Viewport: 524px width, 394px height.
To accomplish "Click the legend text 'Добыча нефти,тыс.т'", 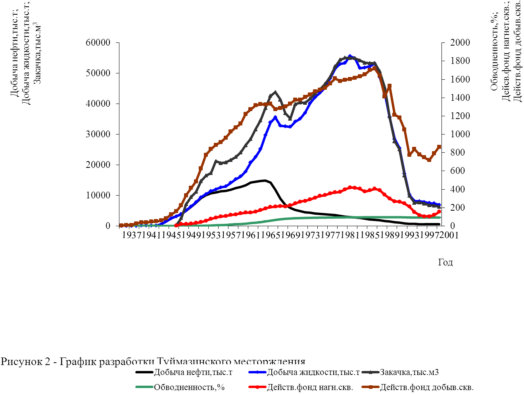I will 193,372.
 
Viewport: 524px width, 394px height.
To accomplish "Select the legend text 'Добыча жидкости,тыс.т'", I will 313,372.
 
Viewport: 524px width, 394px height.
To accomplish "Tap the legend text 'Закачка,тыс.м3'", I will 409,372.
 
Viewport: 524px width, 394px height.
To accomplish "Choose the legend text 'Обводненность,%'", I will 189,387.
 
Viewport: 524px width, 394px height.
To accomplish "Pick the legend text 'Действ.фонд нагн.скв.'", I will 310,387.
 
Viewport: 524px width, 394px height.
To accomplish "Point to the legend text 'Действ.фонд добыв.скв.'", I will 426,387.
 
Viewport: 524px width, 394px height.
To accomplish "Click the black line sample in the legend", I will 144,372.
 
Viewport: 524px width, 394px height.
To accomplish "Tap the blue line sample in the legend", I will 257,372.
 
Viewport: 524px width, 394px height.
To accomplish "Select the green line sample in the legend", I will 144,387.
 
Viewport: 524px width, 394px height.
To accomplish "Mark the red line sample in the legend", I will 257,387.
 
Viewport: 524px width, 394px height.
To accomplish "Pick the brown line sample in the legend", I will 370,387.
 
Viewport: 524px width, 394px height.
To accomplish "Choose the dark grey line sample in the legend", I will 370,372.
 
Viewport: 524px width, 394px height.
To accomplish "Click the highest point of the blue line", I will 350,56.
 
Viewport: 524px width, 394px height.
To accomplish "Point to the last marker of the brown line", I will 439,147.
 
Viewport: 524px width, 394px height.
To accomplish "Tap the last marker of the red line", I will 439,211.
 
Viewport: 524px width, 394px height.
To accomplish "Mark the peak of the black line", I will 265,181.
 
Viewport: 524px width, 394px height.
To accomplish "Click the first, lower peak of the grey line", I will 275,92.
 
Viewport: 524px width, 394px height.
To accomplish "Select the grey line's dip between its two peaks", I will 290,119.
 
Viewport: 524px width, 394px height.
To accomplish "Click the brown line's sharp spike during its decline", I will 390,86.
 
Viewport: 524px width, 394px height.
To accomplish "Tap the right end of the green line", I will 440,217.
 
